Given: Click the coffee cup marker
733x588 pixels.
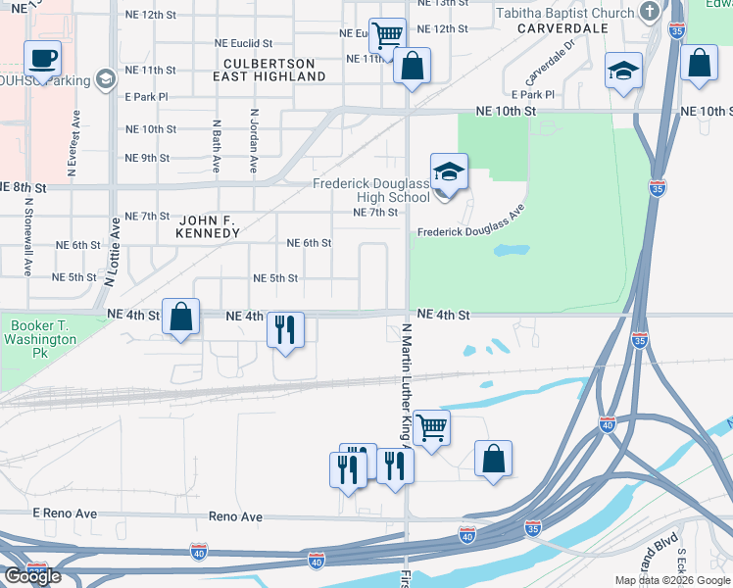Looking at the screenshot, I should pos(42,57).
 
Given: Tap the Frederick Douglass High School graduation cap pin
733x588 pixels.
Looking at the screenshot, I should pos(449,172).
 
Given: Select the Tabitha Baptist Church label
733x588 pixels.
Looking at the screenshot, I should pos(565,13).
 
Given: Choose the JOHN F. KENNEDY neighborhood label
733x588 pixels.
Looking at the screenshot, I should pos(207,225).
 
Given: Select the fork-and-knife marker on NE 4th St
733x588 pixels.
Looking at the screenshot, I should pos(284,328).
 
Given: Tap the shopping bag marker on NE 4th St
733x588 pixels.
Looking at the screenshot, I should pos(180,317).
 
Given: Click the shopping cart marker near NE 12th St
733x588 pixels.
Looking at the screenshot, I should pos(387,35).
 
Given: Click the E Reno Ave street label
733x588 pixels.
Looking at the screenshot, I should pos(65,514).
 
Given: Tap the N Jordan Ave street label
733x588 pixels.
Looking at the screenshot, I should pos(253,140).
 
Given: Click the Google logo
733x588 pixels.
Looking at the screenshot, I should pos(31,576).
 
